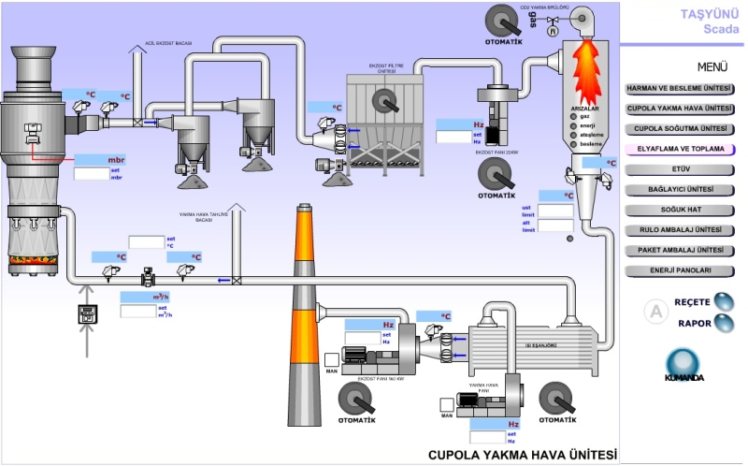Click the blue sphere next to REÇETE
point(724,301)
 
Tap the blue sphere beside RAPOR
point(724,323)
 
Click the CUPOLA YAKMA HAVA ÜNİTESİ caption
point(523,455)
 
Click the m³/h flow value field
point(137,298)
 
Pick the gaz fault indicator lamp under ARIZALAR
point(573,116)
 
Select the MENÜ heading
point(712,67)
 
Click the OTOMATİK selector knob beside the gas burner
point(504,19)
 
